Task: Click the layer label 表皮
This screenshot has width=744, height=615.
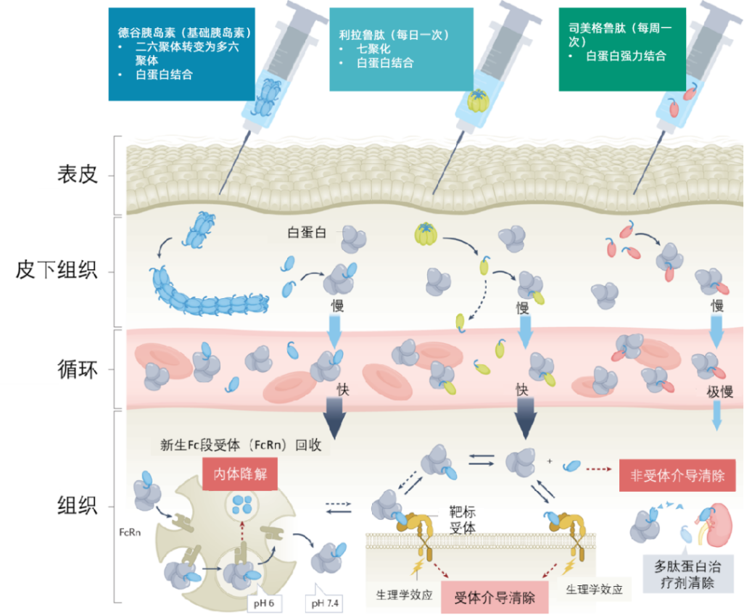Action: (x=78, y=175)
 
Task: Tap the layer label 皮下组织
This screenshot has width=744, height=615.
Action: (x=57, y=271)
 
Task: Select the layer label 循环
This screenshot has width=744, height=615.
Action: (x=77, y=369)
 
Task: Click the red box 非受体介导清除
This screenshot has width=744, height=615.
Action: (x=677, y=476)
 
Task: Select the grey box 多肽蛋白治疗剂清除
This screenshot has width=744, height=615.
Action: (x=683, y=574)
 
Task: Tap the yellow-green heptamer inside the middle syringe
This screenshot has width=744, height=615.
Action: (x=478, y=99)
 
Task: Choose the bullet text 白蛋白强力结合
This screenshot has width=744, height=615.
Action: (x=625, y=56)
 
